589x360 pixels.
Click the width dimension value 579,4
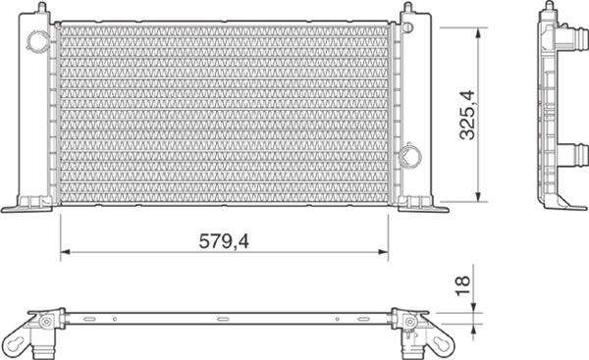point(224,241)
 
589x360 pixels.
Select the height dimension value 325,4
point(467,115)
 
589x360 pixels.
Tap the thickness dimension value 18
point(463,285)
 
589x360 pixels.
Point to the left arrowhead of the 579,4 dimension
point(66,252)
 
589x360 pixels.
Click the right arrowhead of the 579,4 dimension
point(383,252)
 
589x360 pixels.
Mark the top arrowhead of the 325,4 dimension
point(478,32)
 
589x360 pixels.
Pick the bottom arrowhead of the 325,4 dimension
point(478,197)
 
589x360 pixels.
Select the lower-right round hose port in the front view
point(409,155)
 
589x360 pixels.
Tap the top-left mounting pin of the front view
point(42,7)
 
